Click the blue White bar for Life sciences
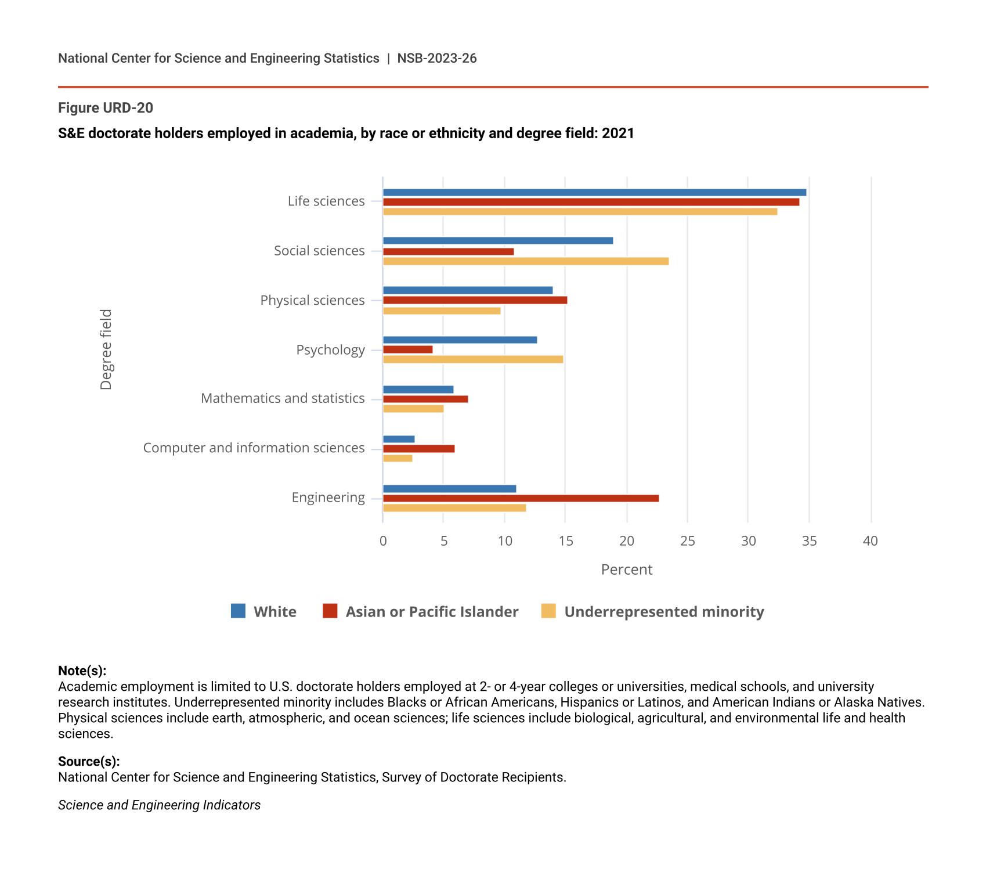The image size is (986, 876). tap(594, 192)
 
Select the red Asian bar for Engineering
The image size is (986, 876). tap(521, 498)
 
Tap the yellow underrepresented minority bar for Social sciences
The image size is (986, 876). tap(526, 261)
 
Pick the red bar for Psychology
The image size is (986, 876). tap(407, 349)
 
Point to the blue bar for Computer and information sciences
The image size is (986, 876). tap(399, 439)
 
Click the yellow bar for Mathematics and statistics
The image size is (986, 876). tap(413, 409)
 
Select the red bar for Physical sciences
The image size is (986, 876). tap(475, 300)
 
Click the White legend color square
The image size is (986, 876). tap(238, 611)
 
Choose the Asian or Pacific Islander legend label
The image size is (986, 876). tap(432, 612)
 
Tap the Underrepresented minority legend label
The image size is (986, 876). tap(664, 612)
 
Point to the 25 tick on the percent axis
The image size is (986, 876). tap(687, 541)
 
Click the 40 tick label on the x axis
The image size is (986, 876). tap(870, 541)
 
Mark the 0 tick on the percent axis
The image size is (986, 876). tap(383, 541)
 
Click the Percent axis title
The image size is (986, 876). tap(627, 569)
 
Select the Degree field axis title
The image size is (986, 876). tap(106, 349)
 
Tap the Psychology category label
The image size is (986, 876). tap(330, 350)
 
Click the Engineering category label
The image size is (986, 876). tap(328, 498)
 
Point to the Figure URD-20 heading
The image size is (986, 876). tap(106, 108)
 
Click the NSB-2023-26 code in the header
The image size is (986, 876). tap(437, 58)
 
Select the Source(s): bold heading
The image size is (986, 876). tap(89, 762)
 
